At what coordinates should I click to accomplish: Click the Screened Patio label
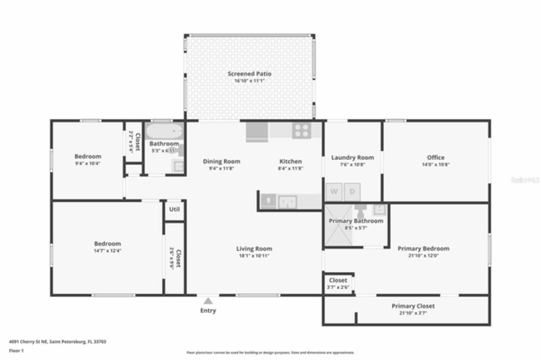click(249, 74)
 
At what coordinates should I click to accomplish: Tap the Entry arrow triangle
click(208, 301)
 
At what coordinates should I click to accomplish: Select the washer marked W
click(334, 192)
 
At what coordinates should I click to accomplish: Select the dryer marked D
click(352, 192)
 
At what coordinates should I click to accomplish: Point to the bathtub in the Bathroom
click(164, 131)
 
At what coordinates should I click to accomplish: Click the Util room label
click(174, 209)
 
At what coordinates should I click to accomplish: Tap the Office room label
click(435, 158)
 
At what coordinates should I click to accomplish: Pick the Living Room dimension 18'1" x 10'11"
click(254, 256)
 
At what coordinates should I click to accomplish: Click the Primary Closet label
click(413, 306)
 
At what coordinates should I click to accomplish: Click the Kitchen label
click(291, 161)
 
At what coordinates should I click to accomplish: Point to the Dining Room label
click(221, 161)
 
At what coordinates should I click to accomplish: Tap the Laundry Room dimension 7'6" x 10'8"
click(352, 165)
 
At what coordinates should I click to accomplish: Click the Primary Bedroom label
click(423, 248)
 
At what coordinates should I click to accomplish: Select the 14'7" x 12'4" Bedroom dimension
click(107, 251)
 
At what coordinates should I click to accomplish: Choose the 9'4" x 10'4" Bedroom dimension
click(88, 163)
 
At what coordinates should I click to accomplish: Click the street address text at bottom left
click(57, 341)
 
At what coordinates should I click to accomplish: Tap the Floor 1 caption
click(16, 350)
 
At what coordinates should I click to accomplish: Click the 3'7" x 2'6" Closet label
click(338, 280)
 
